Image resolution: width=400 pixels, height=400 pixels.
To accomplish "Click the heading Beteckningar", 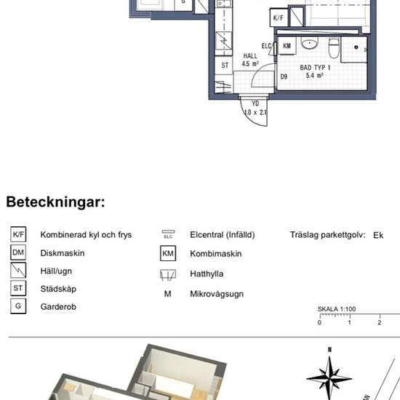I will pyautogui.click(x=55, y=201).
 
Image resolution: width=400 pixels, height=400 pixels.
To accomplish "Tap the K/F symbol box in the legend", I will pyautogui.click(x=18, y=235).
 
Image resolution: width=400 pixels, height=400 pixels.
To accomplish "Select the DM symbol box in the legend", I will pyautogui.click(x=18, y=253).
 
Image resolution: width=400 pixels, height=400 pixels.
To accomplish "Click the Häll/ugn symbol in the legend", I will pyautogui.click(x=18, y=271).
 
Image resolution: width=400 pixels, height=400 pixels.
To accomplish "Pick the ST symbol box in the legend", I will pyautogui.click(x=18, y=289).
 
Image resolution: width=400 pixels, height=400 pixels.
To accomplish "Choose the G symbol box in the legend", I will pyautogui.click(x=18, y=306).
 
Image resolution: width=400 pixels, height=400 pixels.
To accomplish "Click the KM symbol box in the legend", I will pyautogui.click(x=168, y=254).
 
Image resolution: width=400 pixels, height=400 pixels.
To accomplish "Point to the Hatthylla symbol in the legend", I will pyautogui.click(x=168, y=275).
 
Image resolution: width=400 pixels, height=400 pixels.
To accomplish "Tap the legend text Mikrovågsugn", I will pyautogui.click(x=217, y=295).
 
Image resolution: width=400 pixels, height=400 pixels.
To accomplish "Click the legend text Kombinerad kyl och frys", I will pyautogui.click(x=86, y=236).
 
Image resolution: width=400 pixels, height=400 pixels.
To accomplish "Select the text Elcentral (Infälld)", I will pyautogui.click(x=222, y=236).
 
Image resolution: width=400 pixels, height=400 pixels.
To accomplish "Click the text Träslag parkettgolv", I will pyautogui.click(x=327, y=236).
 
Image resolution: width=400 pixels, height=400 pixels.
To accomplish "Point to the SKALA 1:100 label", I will pyautogui.click(x=336, y=309).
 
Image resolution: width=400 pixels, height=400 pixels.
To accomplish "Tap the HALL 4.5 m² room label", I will pyautogui.click(x=250, y=59).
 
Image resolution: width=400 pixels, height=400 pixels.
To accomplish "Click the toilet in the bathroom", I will pyautogui.click(x=333, y=47).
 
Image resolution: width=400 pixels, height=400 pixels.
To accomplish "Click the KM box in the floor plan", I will pyautogui.click(x=287, y=45).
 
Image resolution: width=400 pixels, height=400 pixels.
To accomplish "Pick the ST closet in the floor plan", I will pyautogui.click(x=226, y=65).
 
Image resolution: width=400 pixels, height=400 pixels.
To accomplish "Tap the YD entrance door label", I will pyautogui.click(x=255, y=108).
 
